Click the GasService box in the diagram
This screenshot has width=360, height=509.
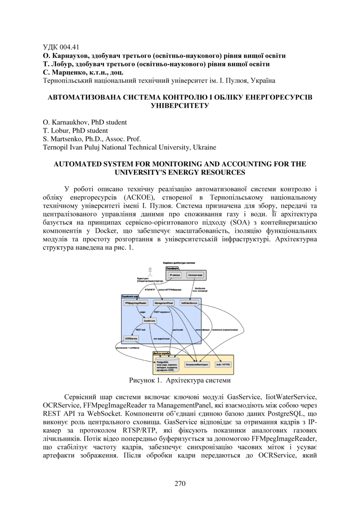(149, 320)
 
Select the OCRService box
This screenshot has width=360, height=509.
(131, 338)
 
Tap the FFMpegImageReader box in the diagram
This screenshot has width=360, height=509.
(135, 303)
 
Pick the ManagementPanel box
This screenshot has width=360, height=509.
(163, 303)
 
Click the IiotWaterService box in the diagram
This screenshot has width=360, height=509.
(189, 303)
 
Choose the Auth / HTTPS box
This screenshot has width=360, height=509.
(223, 364)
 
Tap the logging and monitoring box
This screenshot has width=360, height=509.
(197, 364)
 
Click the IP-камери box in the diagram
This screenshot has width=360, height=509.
(175, 275)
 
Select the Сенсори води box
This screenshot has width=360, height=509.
(195, 275)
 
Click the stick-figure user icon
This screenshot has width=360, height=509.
(150, 272)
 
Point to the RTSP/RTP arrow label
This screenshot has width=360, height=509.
(150, 290)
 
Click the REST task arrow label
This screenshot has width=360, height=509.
(141, 330)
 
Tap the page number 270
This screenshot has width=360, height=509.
(180, 484)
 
